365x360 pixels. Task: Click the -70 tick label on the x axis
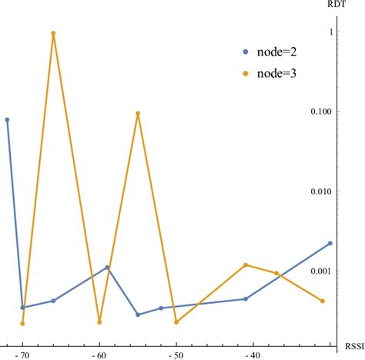point(23,355)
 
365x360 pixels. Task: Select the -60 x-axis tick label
point(99,355)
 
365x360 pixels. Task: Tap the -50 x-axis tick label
point(176,355)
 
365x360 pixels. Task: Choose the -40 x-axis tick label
point(253,355)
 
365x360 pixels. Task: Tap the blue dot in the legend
point(246,52)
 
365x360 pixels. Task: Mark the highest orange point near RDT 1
point(53,33)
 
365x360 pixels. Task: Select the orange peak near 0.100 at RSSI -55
point(138,113)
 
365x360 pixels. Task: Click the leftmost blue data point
point(8,119)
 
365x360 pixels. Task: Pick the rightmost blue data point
point(330,244)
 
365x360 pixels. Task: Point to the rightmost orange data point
point(323,301)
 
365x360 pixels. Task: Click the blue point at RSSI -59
point(107,267)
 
